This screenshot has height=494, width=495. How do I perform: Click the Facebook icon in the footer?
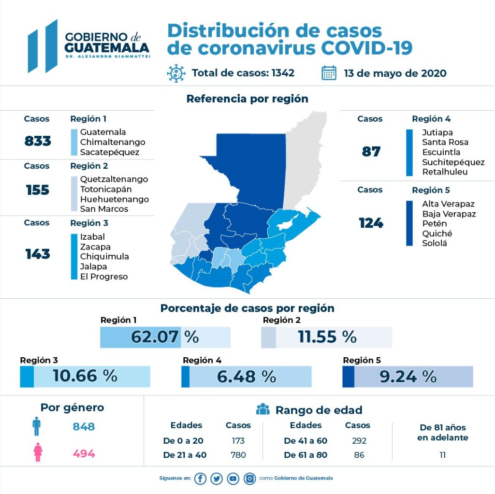[200, 479]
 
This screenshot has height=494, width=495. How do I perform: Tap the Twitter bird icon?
[217, 479]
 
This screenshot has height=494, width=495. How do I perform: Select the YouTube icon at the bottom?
[233, 479]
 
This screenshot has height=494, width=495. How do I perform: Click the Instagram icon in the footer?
[250, 479]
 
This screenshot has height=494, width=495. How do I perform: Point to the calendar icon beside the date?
[329, 73]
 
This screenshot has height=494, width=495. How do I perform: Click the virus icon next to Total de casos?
[176, 73]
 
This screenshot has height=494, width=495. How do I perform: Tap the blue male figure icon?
[37, 426]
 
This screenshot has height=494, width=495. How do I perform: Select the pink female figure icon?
[37, 453]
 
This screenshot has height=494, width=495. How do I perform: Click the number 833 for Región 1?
[38, 141]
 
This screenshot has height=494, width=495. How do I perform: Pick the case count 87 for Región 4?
[371, 151]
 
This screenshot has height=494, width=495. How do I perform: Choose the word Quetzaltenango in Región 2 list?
[114, 179]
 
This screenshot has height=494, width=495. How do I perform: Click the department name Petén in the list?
[434, 224]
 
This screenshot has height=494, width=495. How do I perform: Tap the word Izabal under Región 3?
[92, 237]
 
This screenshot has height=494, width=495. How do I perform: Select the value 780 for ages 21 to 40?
[238, 455]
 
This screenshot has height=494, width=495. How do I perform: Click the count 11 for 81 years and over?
[443, 455]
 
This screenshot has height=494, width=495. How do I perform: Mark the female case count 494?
[84, 453]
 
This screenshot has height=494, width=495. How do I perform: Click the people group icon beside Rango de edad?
[262, 409]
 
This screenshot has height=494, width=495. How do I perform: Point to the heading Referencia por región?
[247, 99]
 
